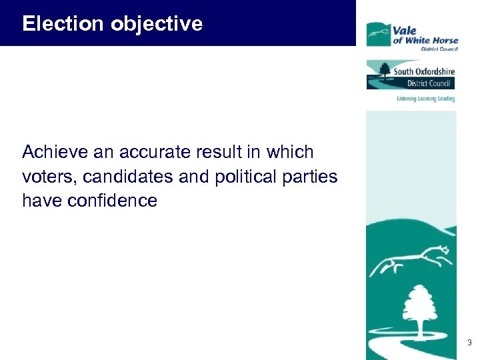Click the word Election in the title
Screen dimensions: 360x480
(64, 24)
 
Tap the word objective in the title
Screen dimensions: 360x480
(157, 24)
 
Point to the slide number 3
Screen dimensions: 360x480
(469, 343)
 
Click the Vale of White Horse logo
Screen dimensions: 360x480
(411, 35)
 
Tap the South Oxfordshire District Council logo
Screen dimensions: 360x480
(410, 75)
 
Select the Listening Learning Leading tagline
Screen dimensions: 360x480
(425, 99)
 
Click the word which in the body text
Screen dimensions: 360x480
(290, 152)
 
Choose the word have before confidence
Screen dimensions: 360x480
(41, 201)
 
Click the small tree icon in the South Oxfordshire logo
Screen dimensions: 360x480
(385, 69)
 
